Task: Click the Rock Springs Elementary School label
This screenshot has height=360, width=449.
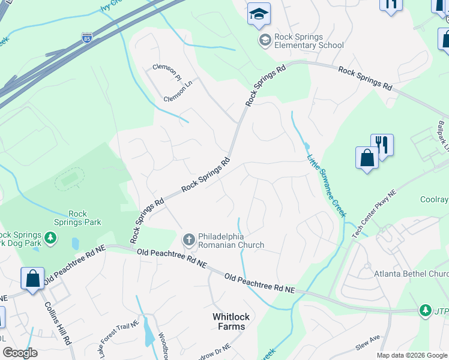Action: coord(309,41)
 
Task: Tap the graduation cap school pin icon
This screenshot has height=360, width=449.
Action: coord(259,14)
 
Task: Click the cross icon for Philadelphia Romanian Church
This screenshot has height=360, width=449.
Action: coord(188,240)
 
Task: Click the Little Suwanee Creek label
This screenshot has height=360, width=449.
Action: coord(327,186)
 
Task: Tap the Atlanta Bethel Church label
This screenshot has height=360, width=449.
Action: coord(411,274)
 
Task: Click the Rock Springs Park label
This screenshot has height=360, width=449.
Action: coord(85,218)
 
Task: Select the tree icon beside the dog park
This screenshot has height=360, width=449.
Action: coord(51,238)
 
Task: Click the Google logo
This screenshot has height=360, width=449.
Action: coord(20,353)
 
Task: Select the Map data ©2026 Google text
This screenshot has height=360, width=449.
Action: coord(412,355)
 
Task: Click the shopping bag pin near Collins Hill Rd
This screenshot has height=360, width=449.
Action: coord(32,278)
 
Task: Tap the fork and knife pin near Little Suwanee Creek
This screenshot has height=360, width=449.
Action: coord(382,144)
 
